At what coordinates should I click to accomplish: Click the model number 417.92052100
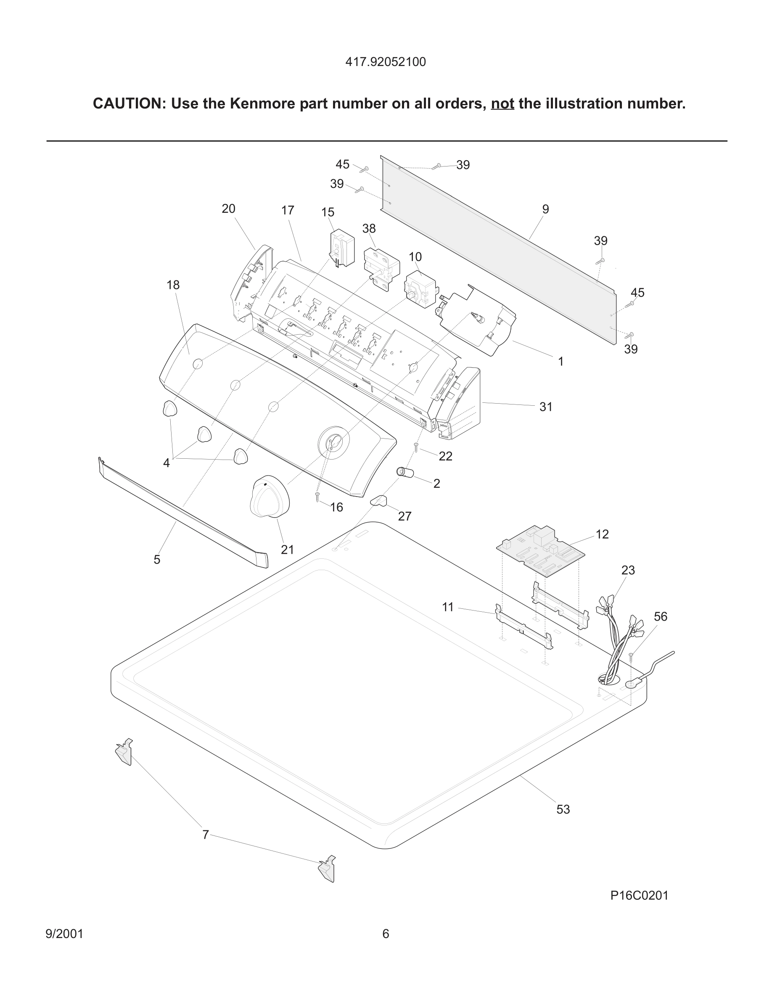[x=385, y=62]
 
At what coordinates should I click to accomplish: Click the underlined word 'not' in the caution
[x=502, y=104]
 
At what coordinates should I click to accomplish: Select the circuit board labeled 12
[x=541, y=551]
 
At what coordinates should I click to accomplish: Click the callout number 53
[x=563, y=809]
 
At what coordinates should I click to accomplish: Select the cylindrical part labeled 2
[x=405, y=473]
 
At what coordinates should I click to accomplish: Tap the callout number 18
[x=173, y=285]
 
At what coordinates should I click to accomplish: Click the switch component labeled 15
[x=342, y=248]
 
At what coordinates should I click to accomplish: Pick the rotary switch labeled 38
[x=381, y=268]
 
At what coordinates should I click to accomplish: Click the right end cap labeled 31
[x=460, y=404]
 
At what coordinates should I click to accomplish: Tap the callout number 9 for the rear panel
[x=545, y=209]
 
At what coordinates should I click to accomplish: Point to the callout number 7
[x=205, y=835]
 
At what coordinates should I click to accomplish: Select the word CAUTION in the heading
[x=129, y=104]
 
